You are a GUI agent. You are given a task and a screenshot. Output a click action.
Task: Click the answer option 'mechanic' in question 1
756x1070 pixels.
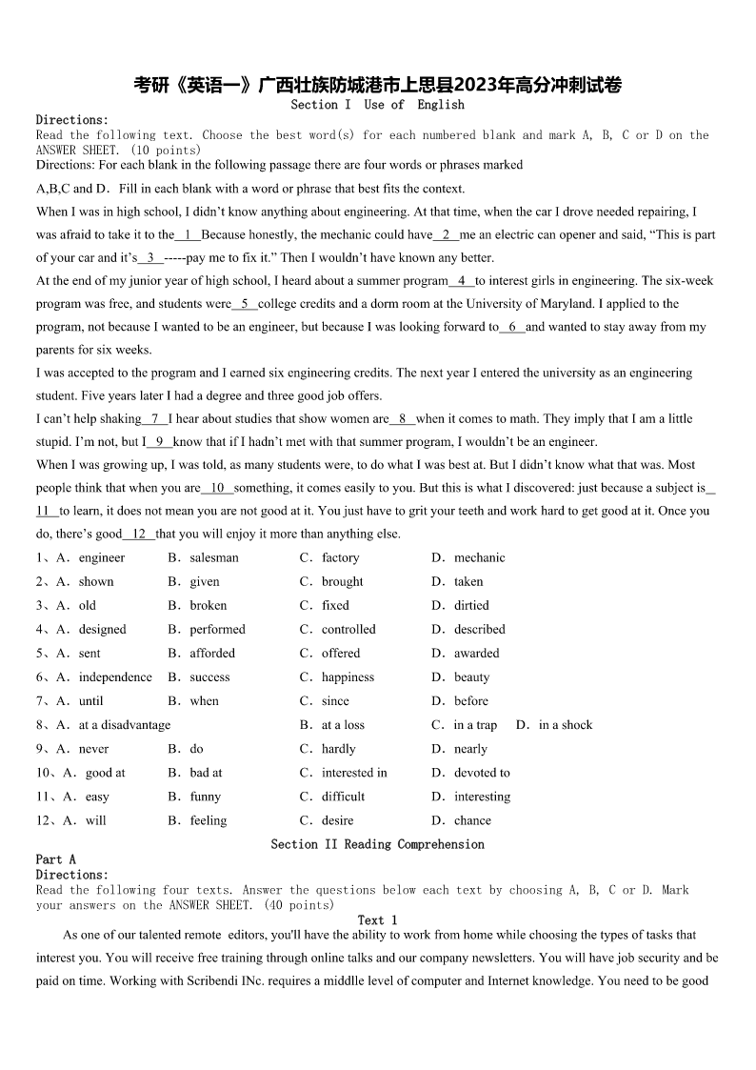tap(479, 557)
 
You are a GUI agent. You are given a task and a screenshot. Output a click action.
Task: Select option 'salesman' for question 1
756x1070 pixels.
tap(213, 557)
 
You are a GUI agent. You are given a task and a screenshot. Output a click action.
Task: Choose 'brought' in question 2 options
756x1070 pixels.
tap(342, 581)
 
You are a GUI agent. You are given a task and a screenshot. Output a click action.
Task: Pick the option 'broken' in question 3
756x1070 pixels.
tap(208, 605)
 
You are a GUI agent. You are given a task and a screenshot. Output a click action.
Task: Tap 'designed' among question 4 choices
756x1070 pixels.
tap(102, 629)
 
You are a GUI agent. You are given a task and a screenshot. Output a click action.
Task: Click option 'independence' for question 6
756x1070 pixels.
tap(115, 676)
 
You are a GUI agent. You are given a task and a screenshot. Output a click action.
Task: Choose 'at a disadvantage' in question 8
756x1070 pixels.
tap(125, 725)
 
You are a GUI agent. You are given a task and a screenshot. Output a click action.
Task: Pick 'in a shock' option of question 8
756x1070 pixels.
tap(565, 725)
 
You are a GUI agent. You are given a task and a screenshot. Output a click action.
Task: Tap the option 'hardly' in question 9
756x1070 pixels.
tap(338, 749)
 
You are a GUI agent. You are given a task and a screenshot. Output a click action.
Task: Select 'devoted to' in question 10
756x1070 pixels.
tap(482, 773)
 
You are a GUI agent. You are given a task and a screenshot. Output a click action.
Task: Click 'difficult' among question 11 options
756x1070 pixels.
tap(343, 797)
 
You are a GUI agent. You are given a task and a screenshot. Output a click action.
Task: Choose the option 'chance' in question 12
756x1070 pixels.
tap(472, 820)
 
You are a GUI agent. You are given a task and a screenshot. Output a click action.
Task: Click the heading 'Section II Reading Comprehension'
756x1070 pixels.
tap(377, 844)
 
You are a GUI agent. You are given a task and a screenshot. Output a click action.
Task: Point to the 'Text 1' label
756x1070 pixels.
tap(377, 920)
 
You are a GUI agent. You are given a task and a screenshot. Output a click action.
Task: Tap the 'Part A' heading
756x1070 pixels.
tap(56, 859)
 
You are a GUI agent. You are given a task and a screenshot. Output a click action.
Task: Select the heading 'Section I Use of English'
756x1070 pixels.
tap(377, 105)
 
